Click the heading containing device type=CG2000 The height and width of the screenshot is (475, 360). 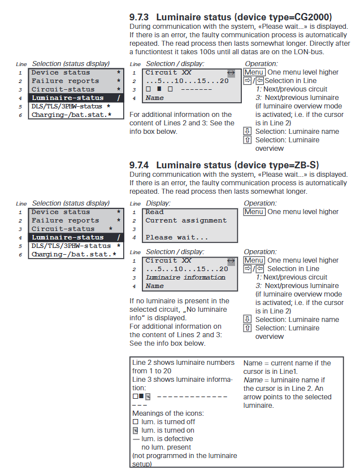click(x=231, y=17)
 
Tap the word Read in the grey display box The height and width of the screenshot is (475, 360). click(x=154, y=212)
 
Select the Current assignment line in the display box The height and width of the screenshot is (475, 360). click(x=186, y=221)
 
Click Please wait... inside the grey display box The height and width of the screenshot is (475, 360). click(x=177, y=238)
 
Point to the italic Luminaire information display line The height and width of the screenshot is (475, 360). click(x=185, y=277)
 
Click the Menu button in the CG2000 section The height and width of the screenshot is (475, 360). click(x=254, y=72)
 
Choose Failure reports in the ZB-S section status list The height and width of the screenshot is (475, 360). click(x=65, y=220)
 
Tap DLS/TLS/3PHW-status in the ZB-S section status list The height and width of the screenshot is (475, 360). click(x=71, y=246)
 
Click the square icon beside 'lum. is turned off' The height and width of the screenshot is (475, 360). click(x=135, y=422)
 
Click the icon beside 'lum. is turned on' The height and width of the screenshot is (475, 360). click(x=135, y=430)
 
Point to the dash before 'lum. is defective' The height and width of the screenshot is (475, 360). click(x=135, y=439)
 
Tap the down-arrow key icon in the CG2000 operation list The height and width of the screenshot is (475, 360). click(x=248, y=132)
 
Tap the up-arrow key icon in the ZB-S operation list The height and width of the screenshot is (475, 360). click(x=248, y=328)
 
